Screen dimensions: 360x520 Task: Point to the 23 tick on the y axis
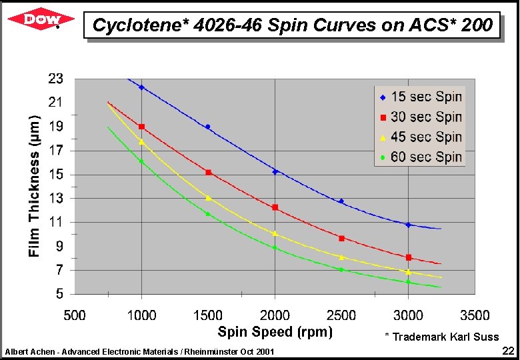56,79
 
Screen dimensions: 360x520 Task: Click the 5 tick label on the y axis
60,294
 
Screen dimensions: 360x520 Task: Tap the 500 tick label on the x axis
75,315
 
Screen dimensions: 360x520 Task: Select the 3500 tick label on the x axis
475,315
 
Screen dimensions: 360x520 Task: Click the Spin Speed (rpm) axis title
275,331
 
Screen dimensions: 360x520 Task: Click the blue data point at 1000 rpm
141,87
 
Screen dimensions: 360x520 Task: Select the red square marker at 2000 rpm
275,207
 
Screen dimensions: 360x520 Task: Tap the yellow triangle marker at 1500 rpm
208,197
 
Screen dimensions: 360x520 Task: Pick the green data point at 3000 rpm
408,282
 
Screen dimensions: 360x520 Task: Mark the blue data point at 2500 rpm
341,201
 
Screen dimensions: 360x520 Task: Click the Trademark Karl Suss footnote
441,337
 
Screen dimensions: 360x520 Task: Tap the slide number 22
507,351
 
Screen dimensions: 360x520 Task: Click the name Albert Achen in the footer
27,351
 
